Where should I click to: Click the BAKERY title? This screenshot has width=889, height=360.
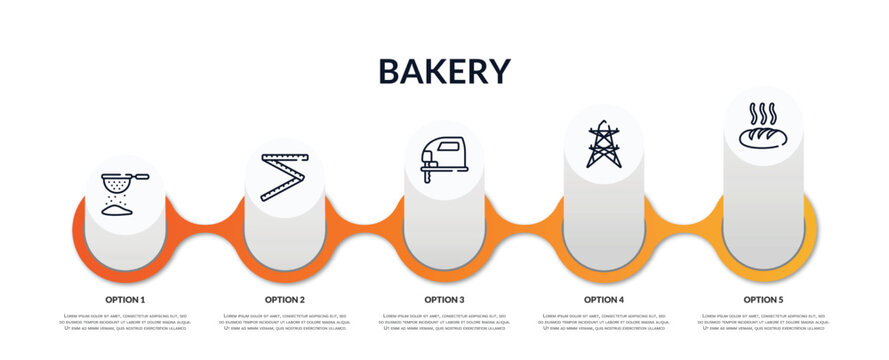point(444,71)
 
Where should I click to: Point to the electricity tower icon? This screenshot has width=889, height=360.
point(604,144)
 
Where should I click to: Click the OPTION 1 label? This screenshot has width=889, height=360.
point(125,299)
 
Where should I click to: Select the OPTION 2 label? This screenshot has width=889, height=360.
point(285,299)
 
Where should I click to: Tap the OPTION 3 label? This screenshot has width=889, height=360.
point(444,299)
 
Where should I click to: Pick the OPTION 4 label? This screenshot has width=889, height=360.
point(604,299)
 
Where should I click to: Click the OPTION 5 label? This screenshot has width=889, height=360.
point(763,299)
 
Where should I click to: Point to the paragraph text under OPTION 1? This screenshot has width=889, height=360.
point(125,322)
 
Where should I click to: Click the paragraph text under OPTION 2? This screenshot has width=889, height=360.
point(285,322)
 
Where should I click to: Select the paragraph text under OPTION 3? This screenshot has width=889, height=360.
point(444,322)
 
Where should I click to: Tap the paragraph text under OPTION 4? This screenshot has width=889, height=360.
point(604,322)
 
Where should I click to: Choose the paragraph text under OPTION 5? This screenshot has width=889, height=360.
point(763,322)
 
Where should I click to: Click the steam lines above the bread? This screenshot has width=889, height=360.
point(763,110)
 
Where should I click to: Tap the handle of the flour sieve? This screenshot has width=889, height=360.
point(141,178)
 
